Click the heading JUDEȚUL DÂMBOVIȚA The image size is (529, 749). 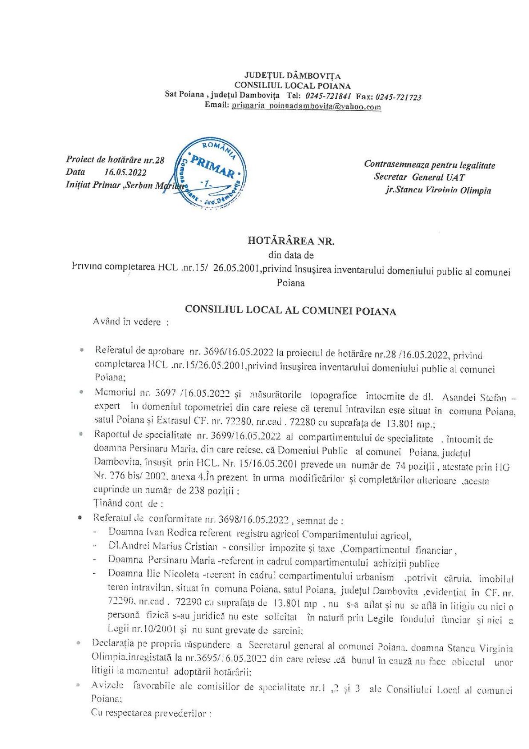[x=292, y=76]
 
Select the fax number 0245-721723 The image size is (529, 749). [x=398, y=97]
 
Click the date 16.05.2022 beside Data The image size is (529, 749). [x=125, y=173]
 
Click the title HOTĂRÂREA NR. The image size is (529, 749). [x=291, y=241]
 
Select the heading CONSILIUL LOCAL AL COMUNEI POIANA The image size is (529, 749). [x=290, y=310]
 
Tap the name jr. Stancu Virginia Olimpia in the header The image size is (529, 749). [x=438, y=190]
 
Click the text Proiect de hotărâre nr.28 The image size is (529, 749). [x=115, y=160]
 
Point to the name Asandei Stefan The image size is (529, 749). [x=485, y=396]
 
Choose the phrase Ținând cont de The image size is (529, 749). [x=128, y=503]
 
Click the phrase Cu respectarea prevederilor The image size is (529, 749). [x=151, y=713]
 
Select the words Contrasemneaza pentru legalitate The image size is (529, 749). [x=429, y=165]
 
